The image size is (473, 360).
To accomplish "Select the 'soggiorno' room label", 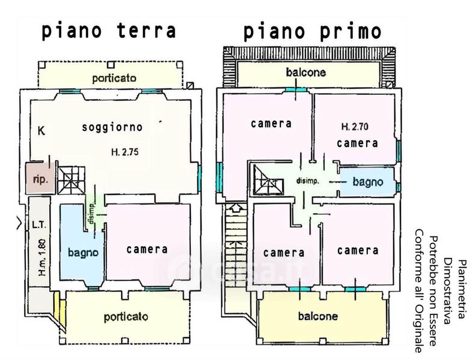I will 112,127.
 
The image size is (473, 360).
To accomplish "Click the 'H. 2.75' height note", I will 125,152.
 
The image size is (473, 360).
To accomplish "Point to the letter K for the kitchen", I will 41,130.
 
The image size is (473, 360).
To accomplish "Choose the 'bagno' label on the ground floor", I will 83,253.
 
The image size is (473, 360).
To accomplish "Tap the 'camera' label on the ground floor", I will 147,249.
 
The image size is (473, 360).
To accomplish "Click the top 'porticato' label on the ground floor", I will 114,78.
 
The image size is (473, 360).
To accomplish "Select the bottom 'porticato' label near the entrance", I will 125,316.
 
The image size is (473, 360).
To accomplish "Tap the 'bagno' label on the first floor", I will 367,181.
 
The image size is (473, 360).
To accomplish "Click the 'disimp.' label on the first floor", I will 307,181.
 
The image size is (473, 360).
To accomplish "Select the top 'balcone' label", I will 306,73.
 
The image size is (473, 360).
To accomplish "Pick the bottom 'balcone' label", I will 318,316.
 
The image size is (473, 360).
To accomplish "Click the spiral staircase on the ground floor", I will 73,178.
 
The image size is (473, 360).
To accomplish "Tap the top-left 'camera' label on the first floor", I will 271,124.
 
